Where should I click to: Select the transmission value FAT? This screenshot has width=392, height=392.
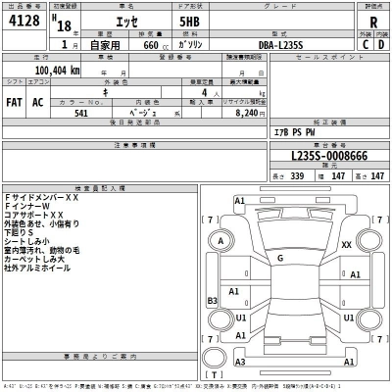tap(14, 102)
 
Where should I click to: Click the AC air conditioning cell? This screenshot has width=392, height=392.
tap(38, 102)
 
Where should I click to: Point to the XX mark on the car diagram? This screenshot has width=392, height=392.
tap(346, 244)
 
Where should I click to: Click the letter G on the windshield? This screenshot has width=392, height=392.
tap(281, 258)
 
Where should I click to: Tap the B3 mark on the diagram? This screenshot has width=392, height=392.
tap(212, 301)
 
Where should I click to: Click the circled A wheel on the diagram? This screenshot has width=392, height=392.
tap(221, 241)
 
